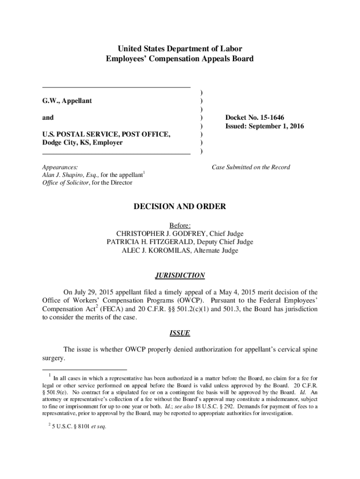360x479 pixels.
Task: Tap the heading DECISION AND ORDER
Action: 180,206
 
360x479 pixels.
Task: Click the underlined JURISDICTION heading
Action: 180,276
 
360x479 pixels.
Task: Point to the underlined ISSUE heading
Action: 180,334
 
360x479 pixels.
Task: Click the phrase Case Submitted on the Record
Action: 251,167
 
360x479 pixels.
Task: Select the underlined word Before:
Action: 180,225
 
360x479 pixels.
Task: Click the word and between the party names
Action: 48,117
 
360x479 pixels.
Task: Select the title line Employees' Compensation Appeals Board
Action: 180,58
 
